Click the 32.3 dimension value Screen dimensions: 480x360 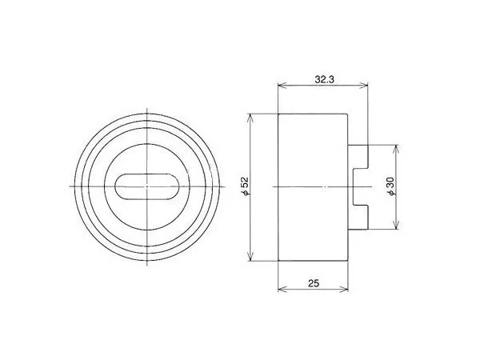point(325,79)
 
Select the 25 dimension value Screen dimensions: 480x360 point(314,283)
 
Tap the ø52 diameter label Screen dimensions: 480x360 point(246,186)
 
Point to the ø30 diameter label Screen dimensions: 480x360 point(391,186)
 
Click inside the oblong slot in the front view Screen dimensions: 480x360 point(147,186)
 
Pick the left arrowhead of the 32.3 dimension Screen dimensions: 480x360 point(282,86)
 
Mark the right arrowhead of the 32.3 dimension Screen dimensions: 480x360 point(363,86)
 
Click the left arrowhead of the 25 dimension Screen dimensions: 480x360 point(282,289)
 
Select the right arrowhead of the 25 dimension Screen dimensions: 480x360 point(344,289)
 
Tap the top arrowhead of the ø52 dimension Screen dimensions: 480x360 point(250,118)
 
